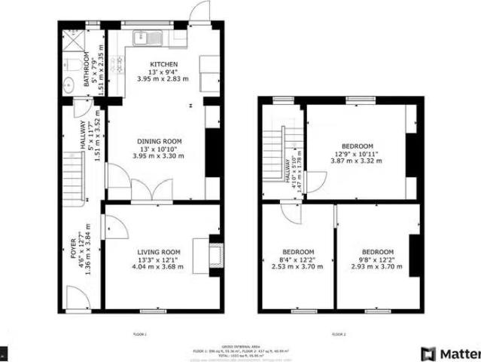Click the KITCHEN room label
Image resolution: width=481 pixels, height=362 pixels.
pos(163,64)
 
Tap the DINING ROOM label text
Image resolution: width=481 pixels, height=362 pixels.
pos(159,141)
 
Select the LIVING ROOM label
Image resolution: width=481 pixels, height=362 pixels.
pos(159,252)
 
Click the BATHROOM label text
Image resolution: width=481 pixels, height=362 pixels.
pos(87,68)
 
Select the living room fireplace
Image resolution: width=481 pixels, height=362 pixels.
pos(215,253)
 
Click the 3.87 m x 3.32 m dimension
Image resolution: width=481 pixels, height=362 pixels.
pos(357,161)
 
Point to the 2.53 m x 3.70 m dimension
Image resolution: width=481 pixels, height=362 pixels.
pos(298,266)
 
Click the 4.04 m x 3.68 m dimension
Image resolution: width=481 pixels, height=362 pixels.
pos(159,266)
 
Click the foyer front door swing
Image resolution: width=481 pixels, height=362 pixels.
pos(76,297)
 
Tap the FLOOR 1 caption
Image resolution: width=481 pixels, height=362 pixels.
pos(139,333)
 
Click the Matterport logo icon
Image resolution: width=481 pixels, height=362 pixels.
pos(428,353)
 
